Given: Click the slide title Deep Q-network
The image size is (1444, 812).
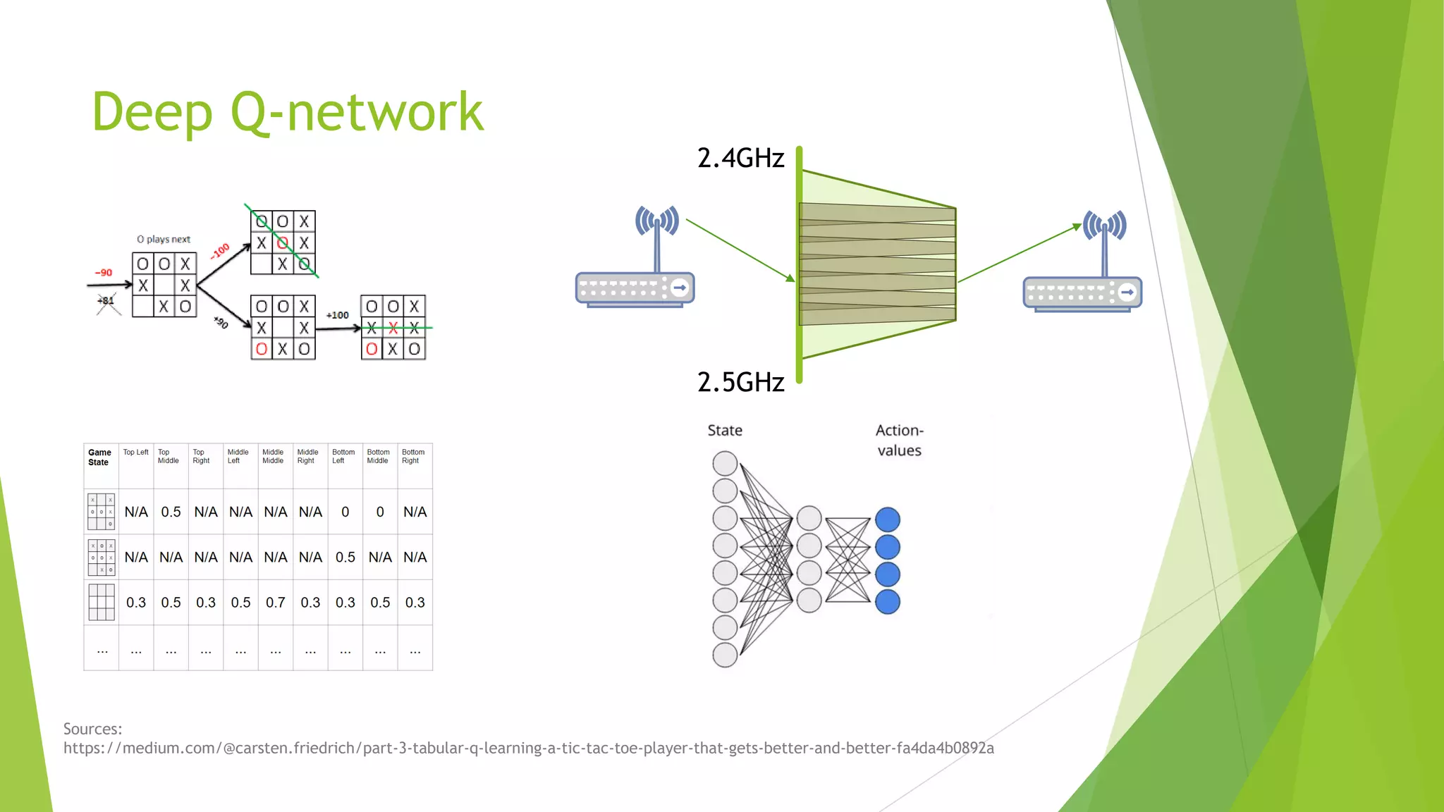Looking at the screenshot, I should tap(288, 113).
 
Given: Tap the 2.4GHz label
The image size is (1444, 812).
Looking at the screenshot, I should tap(740, 158).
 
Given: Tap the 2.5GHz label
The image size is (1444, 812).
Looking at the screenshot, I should tap(740, 382).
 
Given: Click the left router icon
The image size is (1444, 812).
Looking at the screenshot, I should tap(635, 261).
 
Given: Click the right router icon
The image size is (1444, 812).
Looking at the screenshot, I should tap(1083, 264).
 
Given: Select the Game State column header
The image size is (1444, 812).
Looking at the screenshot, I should tap(99, 457).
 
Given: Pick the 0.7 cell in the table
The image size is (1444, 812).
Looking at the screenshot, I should tap(276, 603).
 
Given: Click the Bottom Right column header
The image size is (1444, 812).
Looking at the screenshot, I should tap(413, 457).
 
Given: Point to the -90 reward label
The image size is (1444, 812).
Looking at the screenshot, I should tap(104, 273).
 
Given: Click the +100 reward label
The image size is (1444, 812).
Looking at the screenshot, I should tap(337, 315).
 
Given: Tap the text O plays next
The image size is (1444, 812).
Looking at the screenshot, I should tap(164, 240).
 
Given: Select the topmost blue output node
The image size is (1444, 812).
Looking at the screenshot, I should tap(888, 519).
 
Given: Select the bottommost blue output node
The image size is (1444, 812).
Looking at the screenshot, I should tap(888, 602).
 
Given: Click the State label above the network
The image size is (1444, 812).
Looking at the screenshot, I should tap(725, 431).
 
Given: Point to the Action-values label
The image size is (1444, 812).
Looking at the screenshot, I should tap(899, 441).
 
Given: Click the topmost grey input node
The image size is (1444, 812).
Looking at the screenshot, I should tap(725, 464).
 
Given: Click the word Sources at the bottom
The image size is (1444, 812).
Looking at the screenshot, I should tap(92, 729).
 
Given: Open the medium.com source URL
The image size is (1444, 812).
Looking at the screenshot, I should tap(529, 748).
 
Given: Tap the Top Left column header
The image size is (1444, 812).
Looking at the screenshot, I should tap(135, 453).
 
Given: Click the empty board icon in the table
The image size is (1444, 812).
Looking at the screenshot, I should tap(102, 603).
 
